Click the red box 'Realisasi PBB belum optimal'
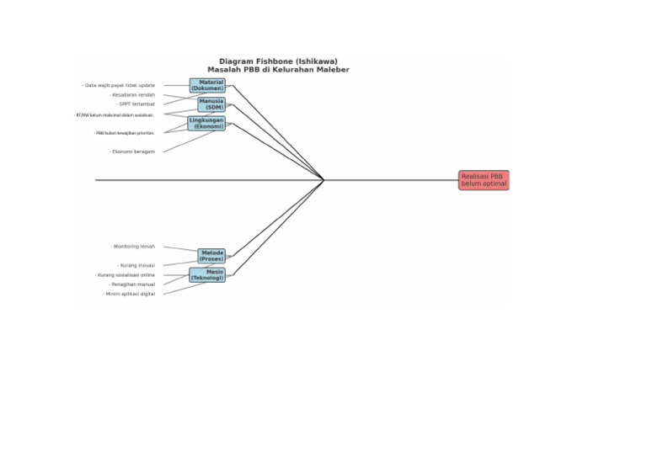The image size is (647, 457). (x=484, y=180)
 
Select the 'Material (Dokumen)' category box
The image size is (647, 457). (x=207, y=85)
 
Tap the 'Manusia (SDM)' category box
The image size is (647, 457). (x=211, y=104)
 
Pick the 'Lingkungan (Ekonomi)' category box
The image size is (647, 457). (x=206, y=123)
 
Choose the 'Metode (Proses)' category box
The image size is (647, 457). (x=211, y=255)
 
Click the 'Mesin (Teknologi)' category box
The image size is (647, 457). (x=207, y=274)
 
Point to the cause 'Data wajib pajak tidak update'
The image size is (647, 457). (x=119, y=85)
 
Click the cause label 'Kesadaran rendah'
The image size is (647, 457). (x=132, y=95)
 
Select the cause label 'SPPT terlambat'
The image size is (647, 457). (x=136, y=104)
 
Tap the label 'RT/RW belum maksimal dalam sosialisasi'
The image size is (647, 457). (x=115, y=115)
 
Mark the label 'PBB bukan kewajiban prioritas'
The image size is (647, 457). (x=124, y=133)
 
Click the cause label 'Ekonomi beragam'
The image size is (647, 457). (x=132, y=151)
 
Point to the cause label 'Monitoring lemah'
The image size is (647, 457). (x=133, y=247)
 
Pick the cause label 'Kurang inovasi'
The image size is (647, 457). (x=136, y=265)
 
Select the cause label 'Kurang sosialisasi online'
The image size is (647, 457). (x=125, y=275)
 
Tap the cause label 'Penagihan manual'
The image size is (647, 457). (x=132, y=284)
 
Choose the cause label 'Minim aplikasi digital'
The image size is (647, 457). (x=129, y=294)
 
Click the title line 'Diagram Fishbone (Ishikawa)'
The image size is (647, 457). (x=278, y=61)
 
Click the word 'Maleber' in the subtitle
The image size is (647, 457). (x=330, y=69)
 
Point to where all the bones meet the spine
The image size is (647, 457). (x=324, y=180)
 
